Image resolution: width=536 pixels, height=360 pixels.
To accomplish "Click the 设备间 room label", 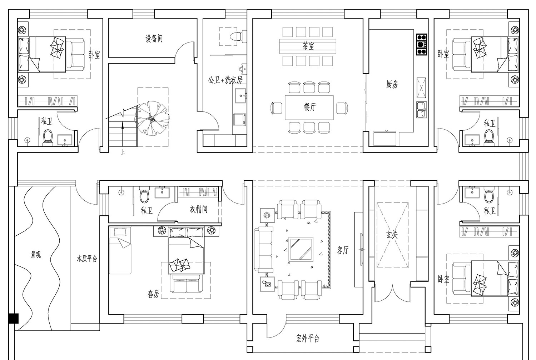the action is (154, 39).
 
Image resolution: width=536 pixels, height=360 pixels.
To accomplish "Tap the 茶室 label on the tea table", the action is (308, 46).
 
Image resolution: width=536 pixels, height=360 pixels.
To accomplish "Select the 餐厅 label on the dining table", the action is (310, 107).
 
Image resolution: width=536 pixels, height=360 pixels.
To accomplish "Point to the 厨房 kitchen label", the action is (392, 84).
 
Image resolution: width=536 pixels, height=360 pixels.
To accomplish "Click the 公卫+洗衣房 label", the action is (225, 80).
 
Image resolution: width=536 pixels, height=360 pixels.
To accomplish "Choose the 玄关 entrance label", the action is (392, 235).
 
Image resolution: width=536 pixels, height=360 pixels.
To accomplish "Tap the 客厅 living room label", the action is (342, 250).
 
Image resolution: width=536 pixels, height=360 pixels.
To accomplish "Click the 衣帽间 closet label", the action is (199, 210).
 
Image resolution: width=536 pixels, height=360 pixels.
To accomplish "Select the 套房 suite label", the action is (153, 294).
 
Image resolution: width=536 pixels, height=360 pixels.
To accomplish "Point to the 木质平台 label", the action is (87, 259).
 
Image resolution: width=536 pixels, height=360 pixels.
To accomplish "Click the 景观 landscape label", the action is (36, 255).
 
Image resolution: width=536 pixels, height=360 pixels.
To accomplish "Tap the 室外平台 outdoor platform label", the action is (308, 339).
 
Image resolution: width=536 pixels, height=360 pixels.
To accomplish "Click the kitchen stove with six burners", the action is (422, 45).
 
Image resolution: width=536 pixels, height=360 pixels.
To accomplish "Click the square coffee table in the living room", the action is (301, 250).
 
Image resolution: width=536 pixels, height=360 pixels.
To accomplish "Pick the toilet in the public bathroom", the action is (236, 36).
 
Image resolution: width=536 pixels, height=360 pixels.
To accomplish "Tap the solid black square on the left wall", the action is (14, 319).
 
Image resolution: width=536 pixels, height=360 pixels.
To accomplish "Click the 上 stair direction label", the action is (123, 152).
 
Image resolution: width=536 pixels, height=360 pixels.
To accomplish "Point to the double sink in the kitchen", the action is (421, 110).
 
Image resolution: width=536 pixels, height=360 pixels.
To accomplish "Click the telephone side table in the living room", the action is (267, 284).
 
